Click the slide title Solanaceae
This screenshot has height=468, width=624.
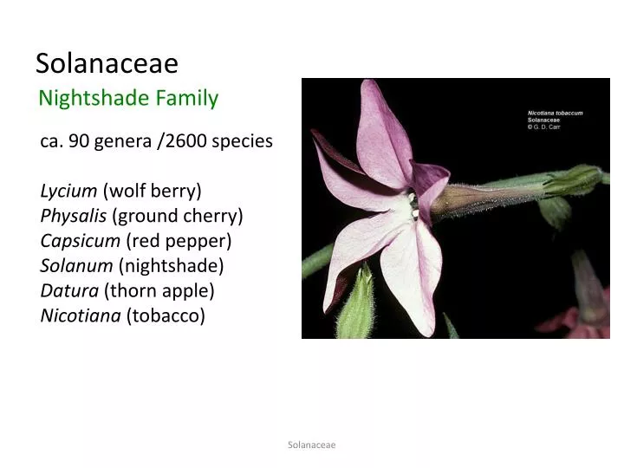point(107,63)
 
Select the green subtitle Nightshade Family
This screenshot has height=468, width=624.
point(128,98)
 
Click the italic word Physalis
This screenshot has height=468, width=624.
point(74,215)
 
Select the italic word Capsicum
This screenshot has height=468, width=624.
point(80,240)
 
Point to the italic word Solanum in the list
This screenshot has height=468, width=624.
point(76,265)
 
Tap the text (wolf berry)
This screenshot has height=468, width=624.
point(152,190)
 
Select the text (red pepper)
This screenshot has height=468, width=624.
point(179,240)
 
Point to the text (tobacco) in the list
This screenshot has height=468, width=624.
point(166,315)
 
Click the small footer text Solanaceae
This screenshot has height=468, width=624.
point(311,445)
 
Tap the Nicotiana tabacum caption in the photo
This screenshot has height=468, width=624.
point(556,113)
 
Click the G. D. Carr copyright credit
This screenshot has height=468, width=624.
point(548,127)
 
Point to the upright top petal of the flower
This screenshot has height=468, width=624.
point(381,130)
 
